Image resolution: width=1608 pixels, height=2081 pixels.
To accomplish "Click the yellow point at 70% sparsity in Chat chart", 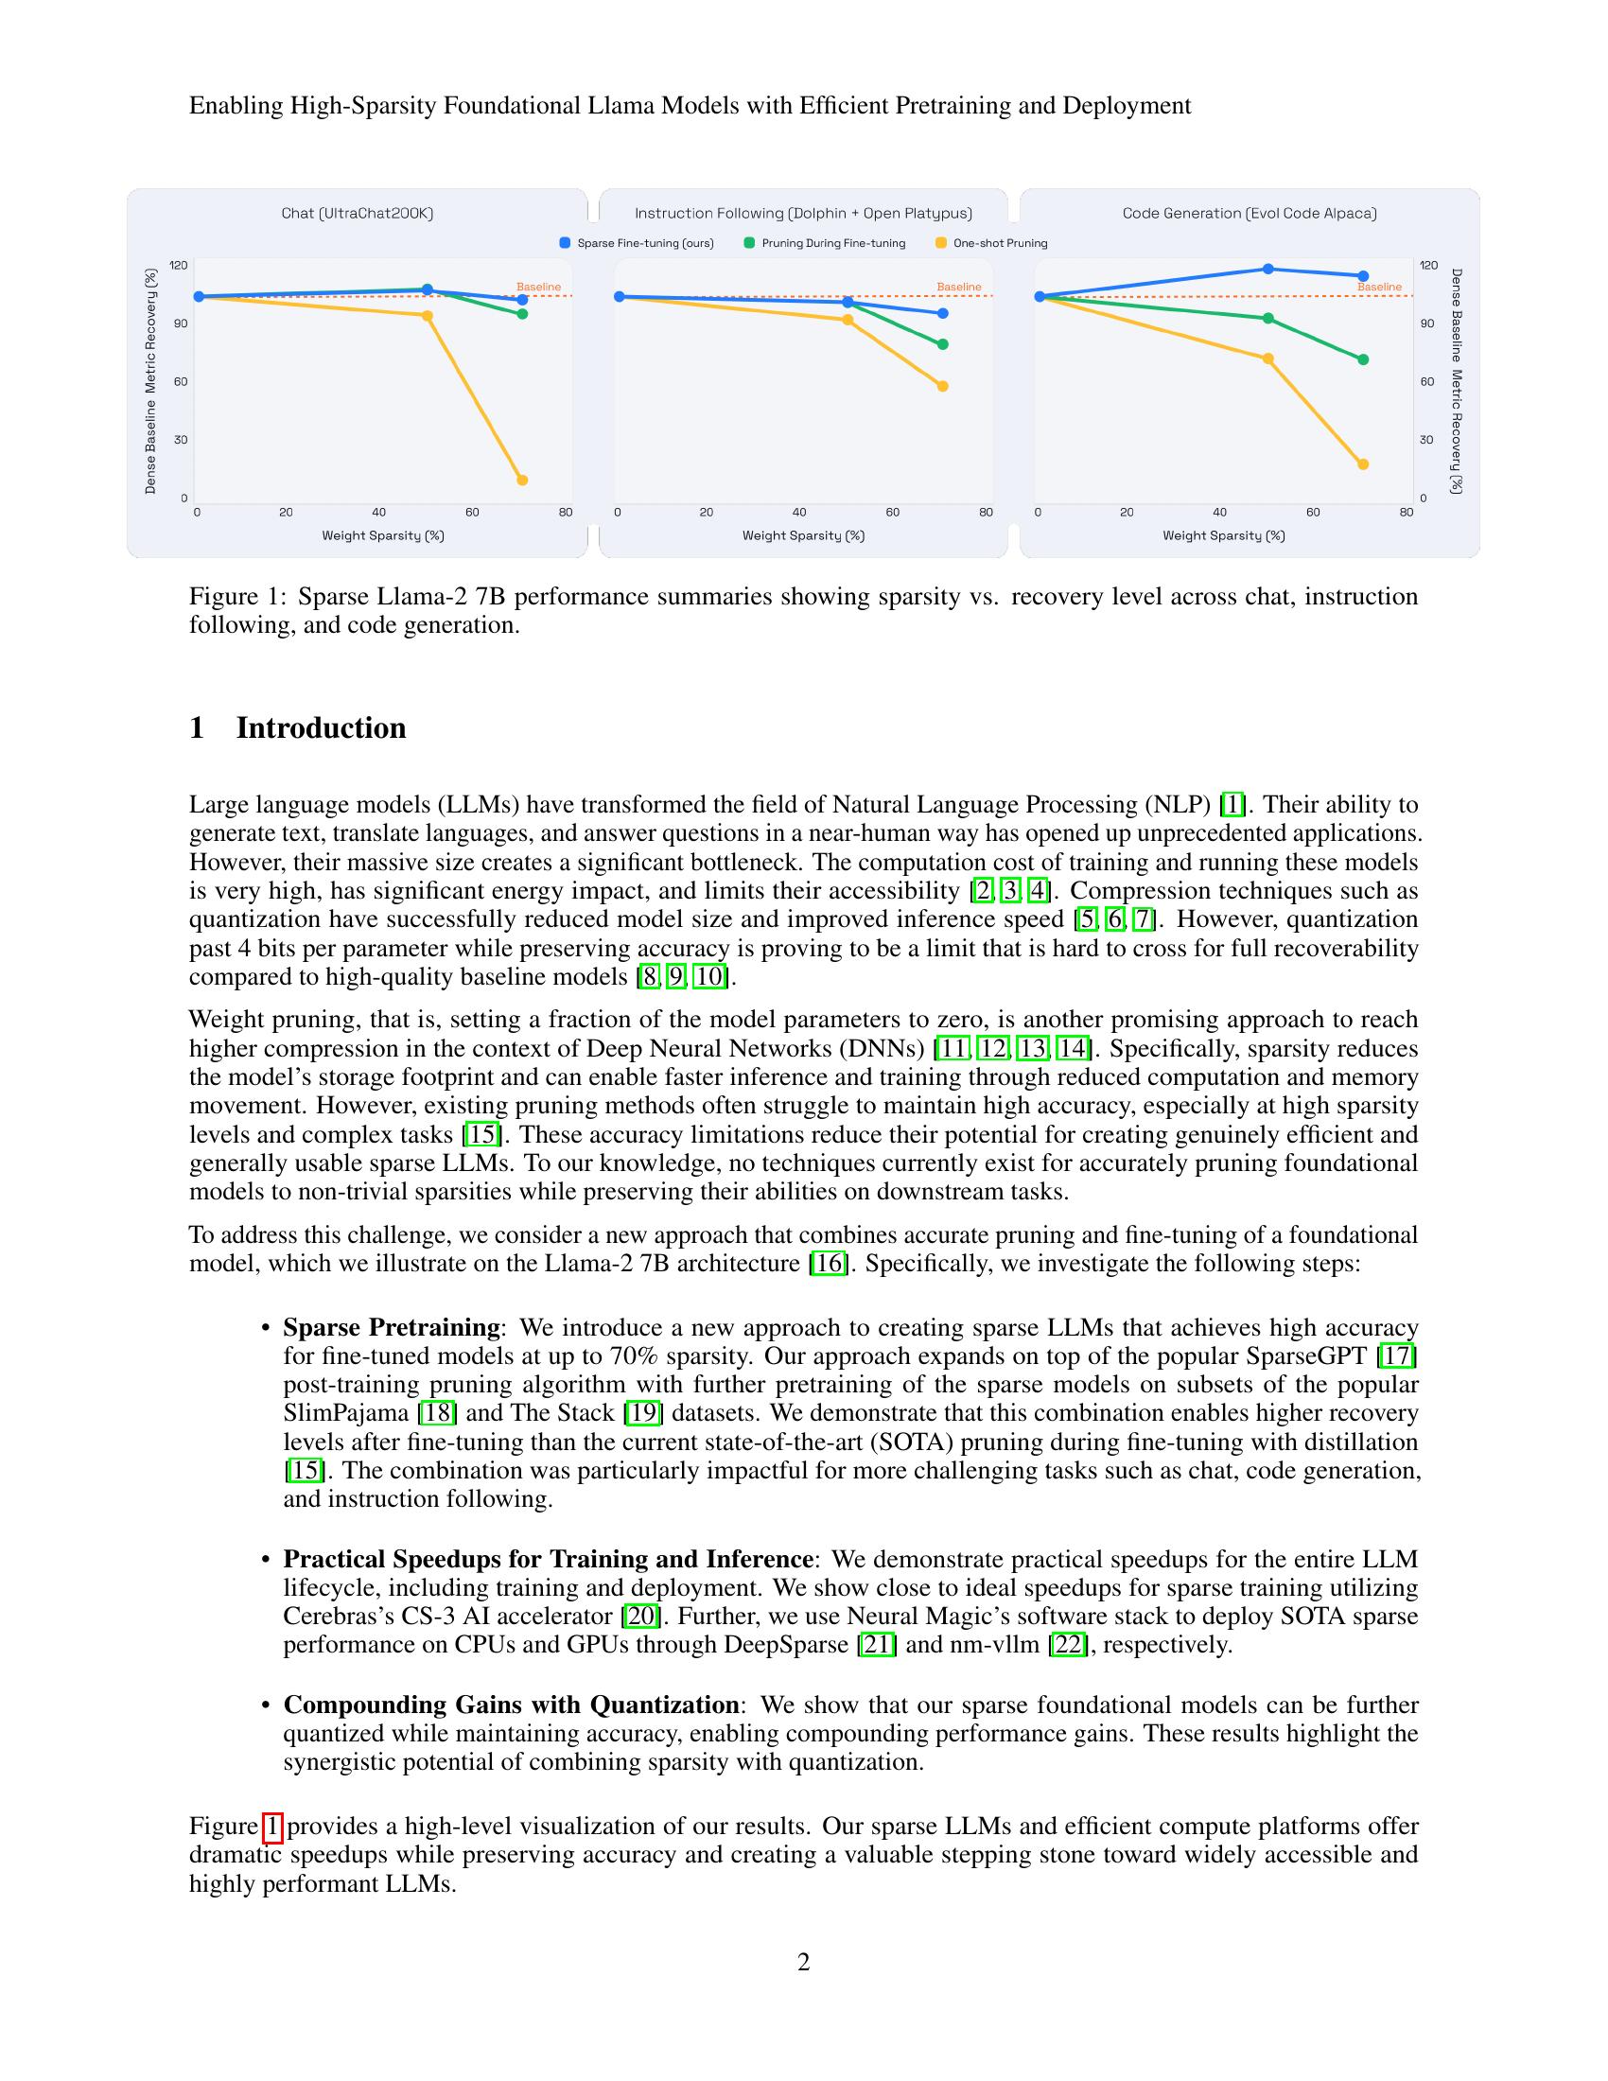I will [x=522, y=481].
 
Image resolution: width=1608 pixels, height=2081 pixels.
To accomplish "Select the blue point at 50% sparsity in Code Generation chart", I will [x=1267, y=269].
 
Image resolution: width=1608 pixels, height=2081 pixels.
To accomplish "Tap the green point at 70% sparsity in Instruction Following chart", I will [x=943, y=344].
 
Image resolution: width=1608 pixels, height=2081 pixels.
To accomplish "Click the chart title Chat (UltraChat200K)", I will [x=358, y=214].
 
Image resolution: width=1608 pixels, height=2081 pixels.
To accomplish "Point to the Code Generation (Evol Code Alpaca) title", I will [x=1249, y=214].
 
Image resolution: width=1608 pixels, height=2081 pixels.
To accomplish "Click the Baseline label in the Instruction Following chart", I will [x=958, y=287].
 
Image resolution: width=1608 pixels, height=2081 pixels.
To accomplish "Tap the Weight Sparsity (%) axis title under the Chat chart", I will [x=383, y=535].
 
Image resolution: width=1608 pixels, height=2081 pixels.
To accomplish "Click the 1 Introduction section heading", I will [x=297, y=728].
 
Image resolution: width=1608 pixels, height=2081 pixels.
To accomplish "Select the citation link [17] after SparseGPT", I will [x=1399, y=1355].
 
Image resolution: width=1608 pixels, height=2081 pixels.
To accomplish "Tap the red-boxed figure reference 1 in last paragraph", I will [x=272, y=1827].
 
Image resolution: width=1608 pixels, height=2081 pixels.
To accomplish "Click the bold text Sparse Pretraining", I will [x=391, y=1327].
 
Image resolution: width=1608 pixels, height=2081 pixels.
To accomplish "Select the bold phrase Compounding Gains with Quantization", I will [x=511, y=1705].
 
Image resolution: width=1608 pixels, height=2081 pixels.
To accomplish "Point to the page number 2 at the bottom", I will [x=803, y=1962].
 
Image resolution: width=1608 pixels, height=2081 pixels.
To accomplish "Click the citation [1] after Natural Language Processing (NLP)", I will [x=1232, y=805].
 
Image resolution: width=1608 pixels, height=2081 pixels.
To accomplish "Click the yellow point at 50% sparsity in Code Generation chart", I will [x=1267, y=359].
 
